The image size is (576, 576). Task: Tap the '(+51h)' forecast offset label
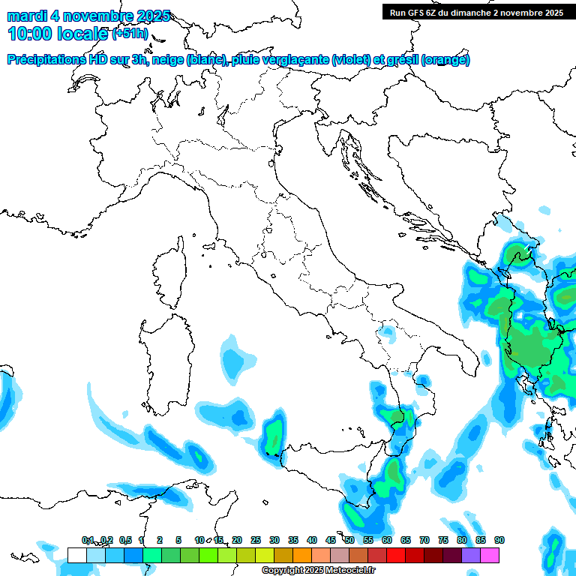130,34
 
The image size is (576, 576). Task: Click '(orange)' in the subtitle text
446,60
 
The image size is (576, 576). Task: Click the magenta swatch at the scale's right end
490,555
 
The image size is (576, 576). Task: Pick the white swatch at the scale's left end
76,555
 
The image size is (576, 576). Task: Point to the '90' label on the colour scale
499,540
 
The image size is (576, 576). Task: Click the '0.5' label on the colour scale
124,540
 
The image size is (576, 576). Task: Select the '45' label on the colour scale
331,540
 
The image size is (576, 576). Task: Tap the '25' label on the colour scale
256,540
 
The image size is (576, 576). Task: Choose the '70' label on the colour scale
424,540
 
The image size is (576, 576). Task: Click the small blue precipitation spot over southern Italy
387,330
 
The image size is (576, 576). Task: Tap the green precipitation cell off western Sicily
274,436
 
